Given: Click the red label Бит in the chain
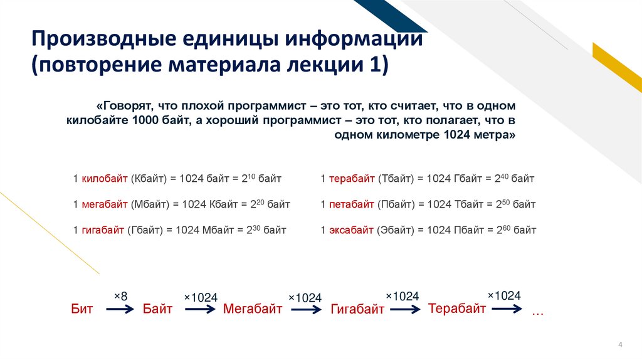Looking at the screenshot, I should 82,309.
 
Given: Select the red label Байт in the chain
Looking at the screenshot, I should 157,309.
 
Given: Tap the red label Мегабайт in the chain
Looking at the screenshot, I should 253,309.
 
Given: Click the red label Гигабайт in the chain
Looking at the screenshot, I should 357,310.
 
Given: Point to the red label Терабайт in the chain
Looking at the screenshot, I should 457,308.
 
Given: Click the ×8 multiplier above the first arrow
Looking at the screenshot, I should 120,295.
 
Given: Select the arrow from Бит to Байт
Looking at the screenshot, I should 120,309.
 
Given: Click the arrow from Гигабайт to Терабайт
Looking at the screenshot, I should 403,309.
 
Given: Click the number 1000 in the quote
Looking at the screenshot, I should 146,120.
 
